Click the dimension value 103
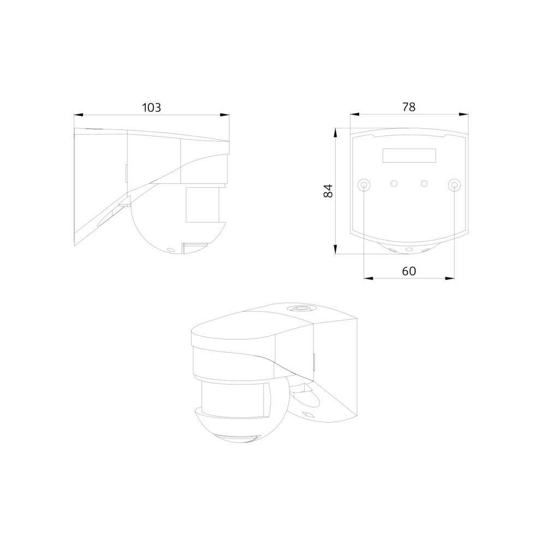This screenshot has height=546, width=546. coord(151,108)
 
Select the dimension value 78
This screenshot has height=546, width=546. coord(409,107)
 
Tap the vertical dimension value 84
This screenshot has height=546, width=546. coord(328,191)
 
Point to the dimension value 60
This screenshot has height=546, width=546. coord(409,271)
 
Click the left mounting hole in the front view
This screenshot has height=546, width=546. coord(364,185)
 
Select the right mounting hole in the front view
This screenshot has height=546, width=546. coord(454,185)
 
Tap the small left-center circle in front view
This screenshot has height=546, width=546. coord(394,183)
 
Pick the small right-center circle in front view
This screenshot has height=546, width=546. coord(424,183)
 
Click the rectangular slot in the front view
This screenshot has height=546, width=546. coord(409,155)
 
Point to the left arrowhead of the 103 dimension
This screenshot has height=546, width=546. coord(78,115)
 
